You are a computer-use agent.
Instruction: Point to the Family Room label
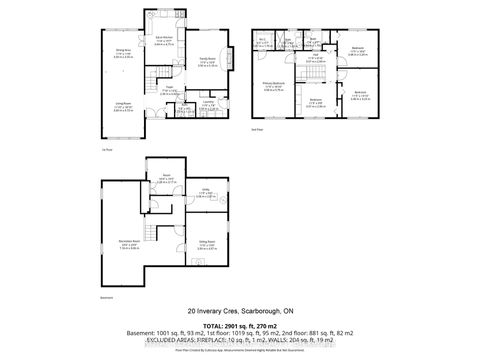coord(207,62)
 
